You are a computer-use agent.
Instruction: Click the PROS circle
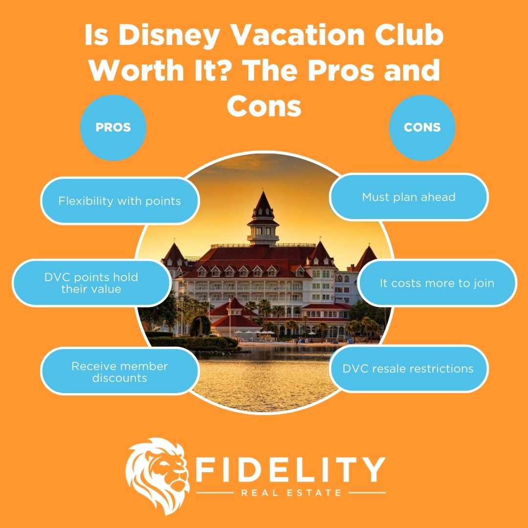click(113, 128)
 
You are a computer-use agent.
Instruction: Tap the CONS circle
click(422, 128)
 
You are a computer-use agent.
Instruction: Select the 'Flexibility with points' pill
click(119, 201)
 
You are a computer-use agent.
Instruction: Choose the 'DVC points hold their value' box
click(91, 283)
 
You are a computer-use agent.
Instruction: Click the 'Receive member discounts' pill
click(119, 372)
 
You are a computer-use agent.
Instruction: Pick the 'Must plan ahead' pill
click(409, 197)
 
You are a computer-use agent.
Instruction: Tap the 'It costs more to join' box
click(437, 283)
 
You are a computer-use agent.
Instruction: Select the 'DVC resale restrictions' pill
click(409, 368)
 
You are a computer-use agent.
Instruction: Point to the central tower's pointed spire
click(262, 199)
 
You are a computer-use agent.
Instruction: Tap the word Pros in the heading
click(337, 71)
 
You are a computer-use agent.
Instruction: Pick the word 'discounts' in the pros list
click(119, 377)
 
